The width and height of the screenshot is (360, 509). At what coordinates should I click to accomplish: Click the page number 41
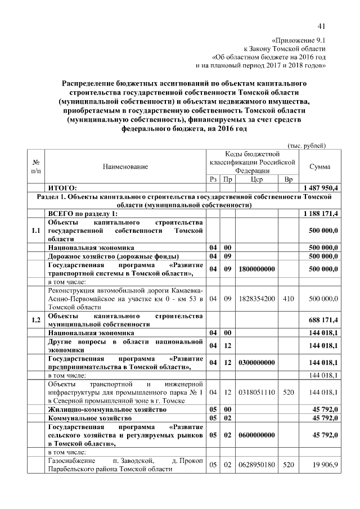coord(322,25)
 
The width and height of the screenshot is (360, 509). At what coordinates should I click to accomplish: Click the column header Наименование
coord(125,166)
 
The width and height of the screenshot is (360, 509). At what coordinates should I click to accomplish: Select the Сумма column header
coord(320,166)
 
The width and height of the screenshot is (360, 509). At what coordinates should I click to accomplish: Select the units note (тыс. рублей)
coord(307,145)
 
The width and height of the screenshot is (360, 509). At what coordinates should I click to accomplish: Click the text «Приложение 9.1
coord(298,40)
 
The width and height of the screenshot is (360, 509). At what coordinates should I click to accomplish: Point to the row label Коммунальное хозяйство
coord(90,419)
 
